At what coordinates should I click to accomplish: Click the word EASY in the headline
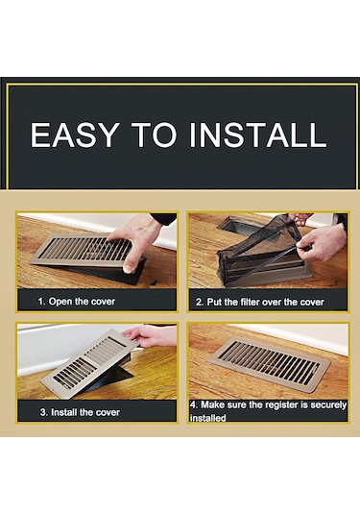[x=74, y=135]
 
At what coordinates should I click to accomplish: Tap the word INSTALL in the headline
[x=258, y=135]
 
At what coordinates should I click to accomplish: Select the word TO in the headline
[x=154, y=135]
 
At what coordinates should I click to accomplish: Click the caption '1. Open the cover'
[x=77, y=302]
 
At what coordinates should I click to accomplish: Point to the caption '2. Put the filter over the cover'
[x=260, y=302]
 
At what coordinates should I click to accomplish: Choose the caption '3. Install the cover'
[x=80, y=412]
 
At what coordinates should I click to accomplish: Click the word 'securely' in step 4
[x=328, y=405]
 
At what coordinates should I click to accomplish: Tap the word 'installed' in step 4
[x=207, y=418]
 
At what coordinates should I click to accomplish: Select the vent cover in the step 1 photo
[x=84, y=251]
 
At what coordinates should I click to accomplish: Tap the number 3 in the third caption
[x=43, y=412]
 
